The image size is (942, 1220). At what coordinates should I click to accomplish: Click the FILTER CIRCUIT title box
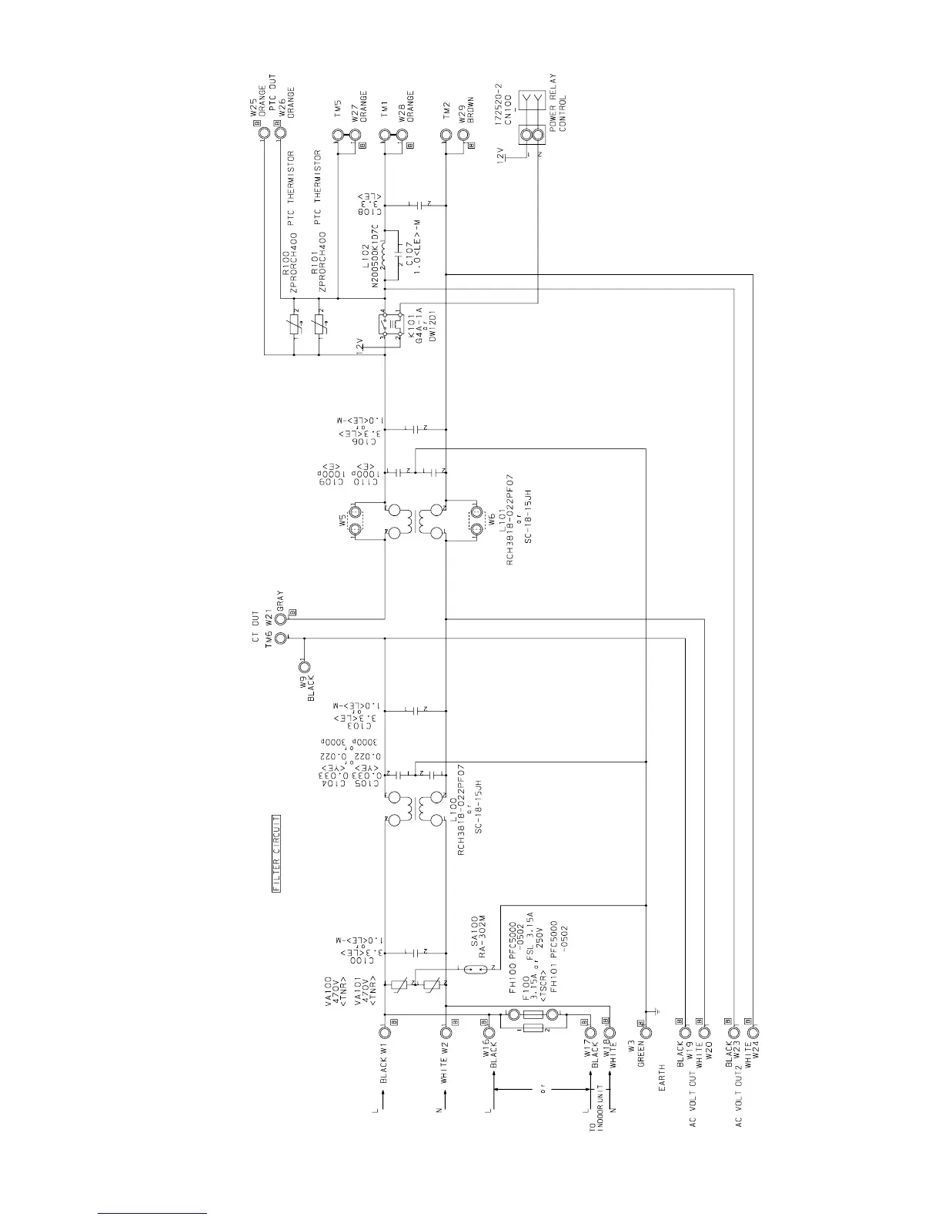(276, 853)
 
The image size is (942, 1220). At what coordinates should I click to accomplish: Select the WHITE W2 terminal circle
(446, 1033)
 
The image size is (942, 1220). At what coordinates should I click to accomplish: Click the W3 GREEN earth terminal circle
(646, 1033)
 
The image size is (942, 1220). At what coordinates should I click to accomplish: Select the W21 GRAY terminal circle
(281, 618)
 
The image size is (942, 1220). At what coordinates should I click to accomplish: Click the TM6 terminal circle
(281, 638)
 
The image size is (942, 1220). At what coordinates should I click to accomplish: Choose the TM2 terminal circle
(446, 135)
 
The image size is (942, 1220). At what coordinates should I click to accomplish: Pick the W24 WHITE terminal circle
(753, 1033)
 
